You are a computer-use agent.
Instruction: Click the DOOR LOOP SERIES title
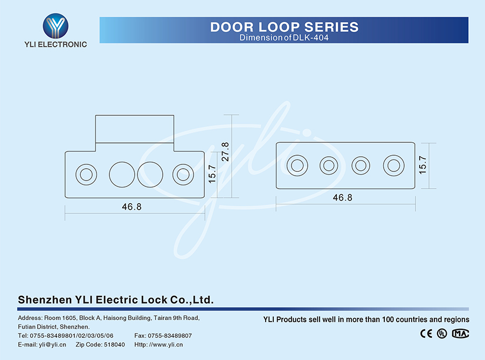click(x=284, y=27)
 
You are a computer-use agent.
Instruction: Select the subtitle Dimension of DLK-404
click(x=284, y=38)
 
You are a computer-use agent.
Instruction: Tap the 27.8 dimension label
click(x=225, y=151)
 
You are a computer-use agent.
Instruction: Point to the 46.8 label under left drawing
click(x=131, y=206)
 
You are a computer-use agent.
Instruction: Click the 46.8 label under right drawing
click(x=342, y=197)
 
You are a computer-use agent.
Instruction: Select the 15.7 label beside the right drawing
click(x=423, y=164)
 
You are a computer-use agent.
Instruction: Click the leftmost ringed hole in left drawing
click(x=85, y=174)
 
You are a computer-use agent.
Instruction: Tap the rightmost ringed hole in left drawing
click(x=183, y=174)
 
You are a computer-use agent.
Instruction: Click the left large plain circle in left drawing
click(x=122, y=174)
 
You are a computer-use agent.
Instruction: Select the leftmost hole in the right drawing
click(x=297, y=165)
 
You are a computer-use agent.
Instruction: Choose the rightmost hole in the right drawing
click(x=393, y=165)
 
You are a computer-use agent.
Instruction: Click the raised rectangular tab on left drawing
click(x=135, y=129)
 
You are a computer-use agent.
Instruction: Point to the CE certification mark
click(x=426, y=334)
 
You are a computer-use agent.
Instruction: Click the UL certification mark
click(x=442, y=334)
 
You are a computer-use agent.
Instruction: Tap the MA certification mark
click(x=461, y=334)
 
